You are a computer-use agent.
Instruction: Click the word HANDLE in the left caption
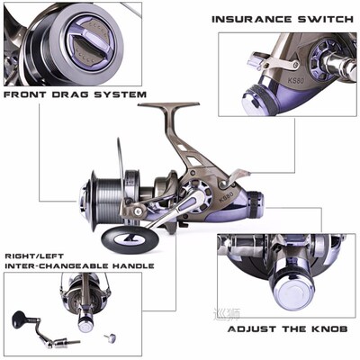tap(131, 265)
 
